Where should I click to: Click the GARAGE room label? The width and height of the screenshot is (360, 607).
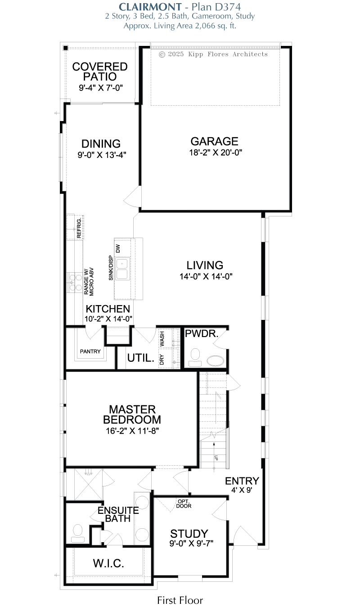[x=214, y=141]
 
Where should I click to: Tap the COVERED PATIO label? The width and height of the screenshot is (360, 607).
[x=100, y=72]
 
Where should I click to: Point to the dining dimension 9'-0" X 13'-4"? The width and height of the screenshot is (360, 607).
[x=102, y=155]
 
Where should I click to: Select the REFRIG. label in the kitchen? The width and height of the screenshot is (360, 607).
[x=79, y=228]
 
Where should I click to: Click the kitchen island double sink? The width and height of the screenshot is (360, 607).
[x=122, y=268]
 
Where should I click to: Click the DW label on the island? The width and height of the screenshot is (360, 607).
[x=118, y=248]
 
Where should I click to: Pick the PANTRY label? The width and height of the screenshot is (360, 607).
[x=90, y=351]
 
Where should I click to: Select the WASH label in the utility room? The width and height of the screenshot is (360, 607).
[x=162, y=339]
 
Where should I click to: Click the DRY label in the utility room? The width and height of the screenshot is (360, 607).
[x=162, y=360]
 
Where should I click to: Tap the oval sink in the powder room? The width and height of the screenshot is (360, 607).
[x=215, y=361]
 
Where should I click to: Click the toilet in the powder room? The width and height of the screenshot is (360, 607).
[x=195, y=358]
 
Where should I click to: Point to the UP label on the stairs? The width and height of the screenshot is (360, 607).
[x=216, y=458]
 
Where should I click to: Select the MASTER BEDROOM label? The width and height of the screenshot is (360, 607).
[x=132, y=414]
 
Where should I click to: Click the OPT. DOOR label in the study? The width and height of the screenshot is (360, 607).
[x=184, y=504]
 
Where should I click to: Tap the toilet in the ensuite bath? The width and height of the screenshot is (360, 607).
[x=78, y=534]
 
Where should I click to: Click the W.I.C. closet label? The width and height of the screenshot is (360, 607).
[x=108, y=563]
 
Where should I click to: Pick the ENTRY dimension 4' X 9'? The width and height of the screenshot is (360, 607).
[x=242, y=490]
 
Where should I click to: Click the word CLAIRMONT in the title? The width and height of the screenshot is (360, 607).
[x=150, y=7]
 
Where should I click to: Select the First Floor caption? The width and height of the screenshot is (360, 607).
[x=180, y=600]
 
